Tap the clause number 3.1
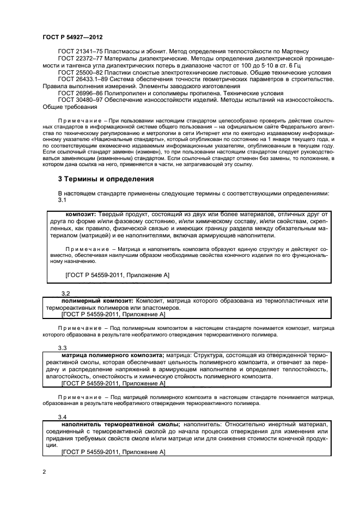[62, 200]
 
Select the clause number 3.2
[66, 293]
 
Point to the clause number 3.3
[62, 347]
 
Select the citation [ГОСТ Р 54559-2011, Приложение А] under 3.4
[113, 452]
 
